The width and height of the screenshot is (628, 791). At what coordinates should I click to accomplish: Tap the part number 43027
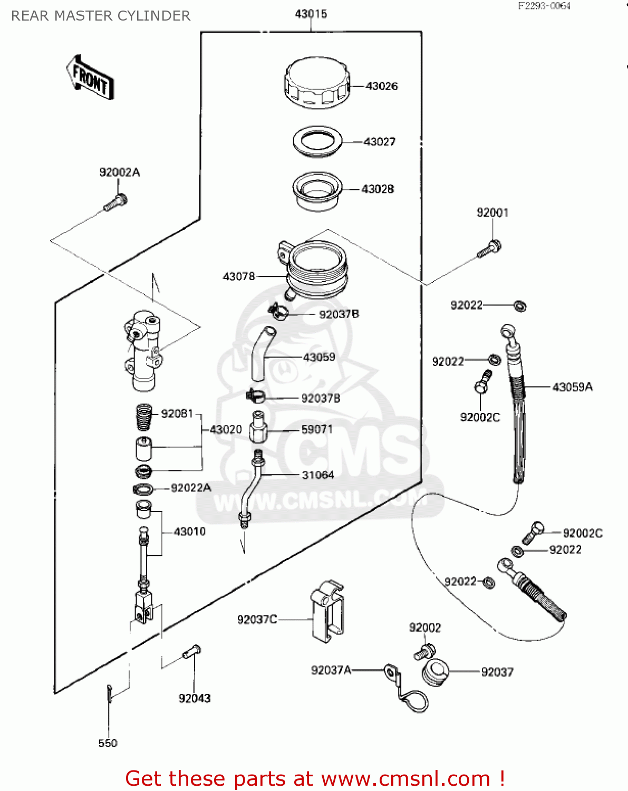click(x=380, y=142)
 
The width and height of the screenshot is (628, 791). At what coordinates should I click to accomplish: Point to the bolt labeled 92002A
click(x=115, y=202)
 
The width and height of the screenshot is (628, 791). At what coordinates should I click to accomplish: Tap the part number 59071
click(x=317, y=430)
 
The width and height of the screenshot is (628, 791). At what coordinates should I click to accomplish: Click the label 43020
click(x=226, y=430)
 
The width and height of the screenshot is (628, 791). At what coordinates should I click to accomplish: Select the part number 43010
click(x=190, y=532)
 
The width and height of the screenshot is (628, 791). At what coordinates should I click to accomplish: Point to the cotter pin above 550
click(x=109, y=694)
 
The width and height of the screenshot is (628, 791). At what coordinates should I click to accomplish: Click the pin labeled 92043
click(x=192, y=652)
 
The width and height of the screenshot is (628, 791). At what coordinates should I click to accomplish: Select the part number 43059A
click(x=573, y=388)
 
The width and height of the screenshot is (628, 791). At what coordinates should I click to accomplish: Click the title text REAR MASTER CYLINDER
click(x=101, y=16)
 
